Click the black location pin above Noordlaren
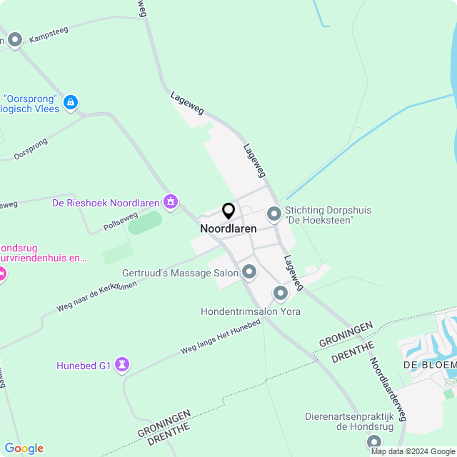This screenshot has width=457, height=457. tap(228, 211)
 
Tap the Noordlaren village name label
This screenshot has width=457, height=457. tap(228, 228)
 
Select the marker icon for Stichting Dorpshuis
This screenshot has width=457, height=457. tap(274, 214)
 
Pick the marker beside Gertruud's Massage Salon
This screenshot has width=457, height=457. tap(249, 271)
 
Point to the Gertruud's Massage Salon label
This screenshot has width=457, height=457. tap(180, 273)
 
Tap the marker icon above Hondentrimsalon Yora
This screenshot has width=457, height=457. tap(280, 293)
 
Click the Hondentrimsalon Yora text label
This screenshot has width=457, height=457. tap(251, 311)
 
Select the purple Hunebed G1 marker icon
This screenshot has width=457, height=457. tap(123, 365)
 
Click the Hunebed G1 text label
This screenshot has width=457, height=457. tap(84, 366)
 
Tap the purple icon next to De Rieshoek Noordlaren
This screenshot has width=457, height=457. tap(170, 203)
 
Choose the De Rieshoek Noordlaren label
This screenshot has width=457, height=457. tap(106, 203)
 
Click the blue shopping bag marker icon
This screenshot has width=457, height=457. tap(71, 104)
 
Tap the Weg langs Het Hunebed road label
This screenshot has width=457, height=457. tap(220, 337)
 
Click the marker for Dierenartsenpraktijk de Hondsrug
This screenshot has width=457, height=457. tap(374, 441)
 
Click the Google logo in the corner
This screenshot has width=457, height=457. tap(24, 448)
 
